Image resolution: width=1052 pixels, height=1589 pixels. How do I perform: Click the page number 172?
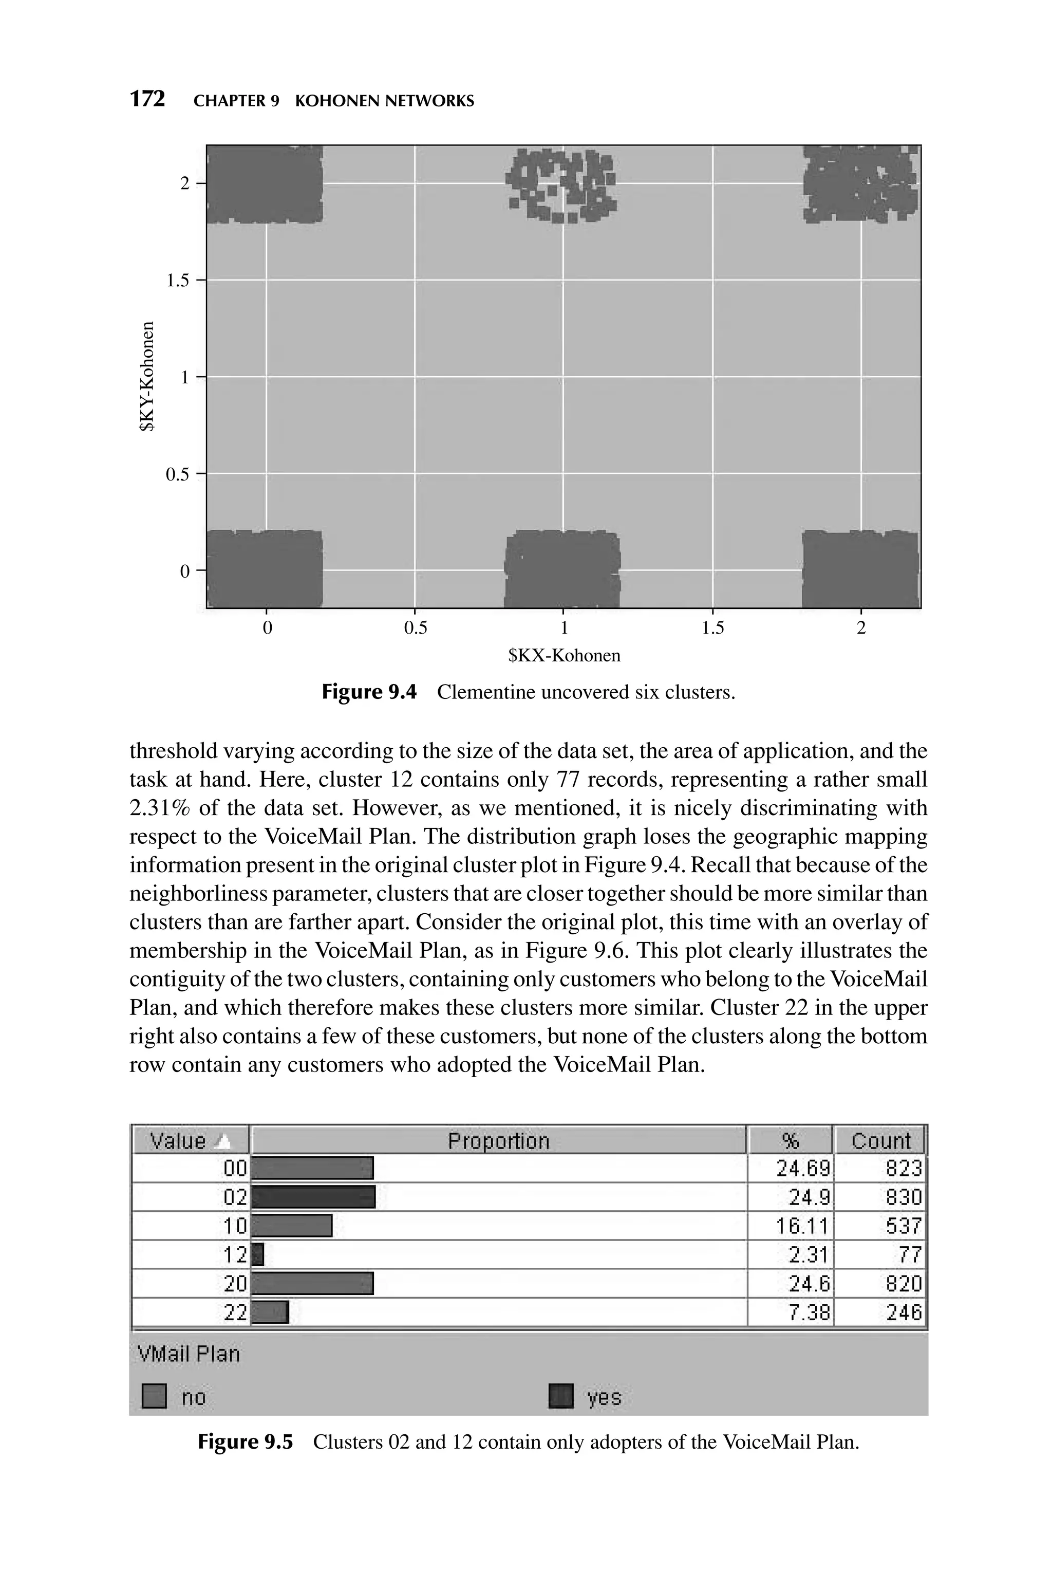point(147,99)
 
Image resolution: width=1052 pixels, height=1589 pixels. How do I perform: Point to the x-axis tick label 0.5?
point(415,628)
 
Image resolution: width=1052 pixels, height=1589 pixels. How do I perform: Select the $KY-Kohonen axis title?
point(147,377)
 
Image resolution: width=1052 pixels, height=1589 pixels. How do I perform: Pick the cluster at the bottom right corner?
point(860,569)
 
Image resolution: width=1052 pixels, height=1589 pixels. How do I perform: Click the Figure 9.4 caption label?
point(369,692)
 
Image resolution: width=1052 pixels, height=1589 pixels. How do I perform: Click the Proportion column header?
point(498,1141)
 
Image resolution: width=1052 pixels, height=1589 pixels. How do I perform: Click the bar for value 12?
point(258,1254)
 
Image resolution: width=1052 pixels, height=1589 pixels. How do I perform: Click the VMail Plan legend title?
point(189,1354)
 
